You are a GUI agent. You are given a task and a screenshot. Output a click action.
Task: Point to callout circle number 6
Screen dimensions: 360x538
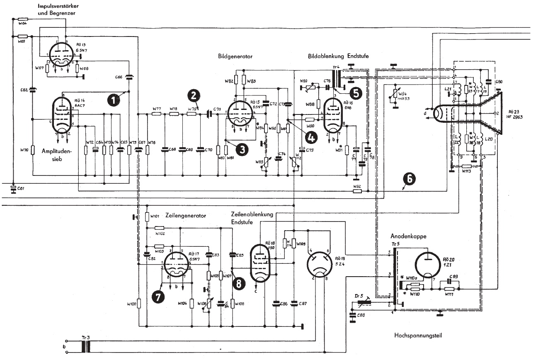[410, 179]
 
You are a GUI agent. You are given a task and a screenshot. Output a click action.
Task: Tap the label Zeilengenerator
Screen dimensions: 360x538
[185, 216]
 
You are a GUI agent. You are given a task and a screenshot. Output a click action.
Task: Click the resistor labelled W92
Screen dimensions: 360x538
[356, 191]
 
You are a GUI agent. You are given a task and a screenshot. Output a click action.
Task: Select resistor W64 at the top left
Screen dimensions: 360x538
[22, 19]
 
